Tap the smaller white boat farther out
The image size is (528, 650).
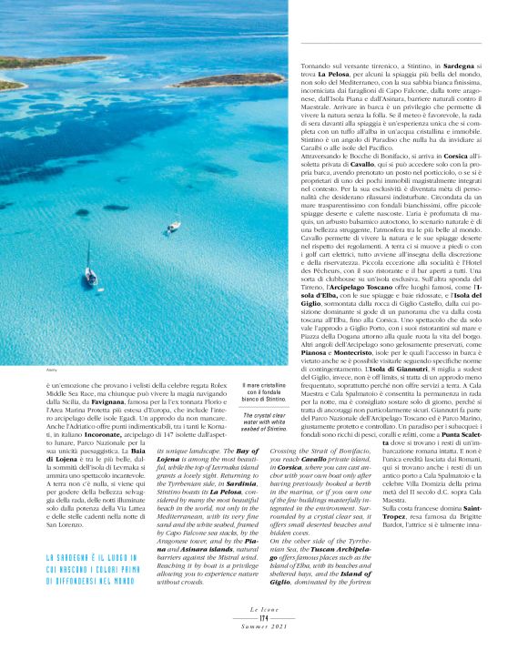172,226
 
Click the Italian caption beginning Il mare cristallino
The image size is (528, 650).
265,393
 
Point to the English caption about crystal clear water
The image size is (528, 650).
265,421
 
